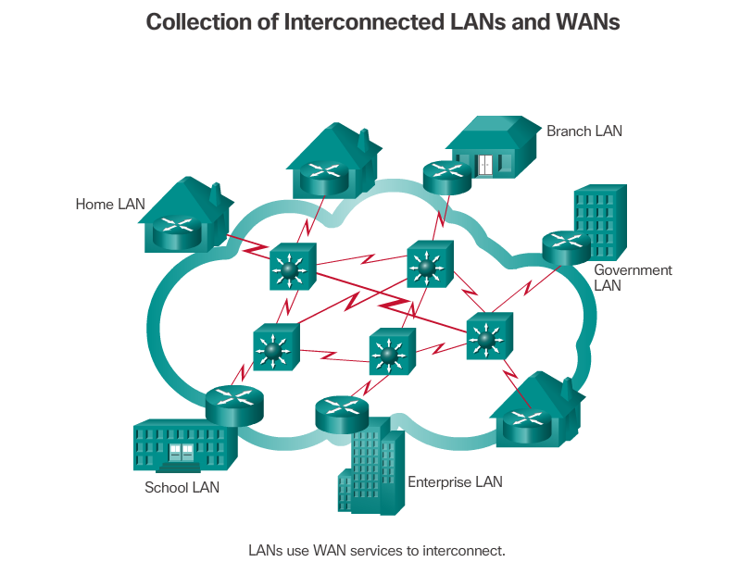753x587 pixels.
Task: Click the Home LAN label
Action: [x=109, y=205]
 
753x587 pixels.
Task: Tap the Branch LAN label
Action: [x=584, y=131]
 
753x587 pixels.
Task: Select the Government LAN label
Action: [x=633, y=278]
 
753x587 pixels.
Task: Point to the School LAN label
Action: [x=182, y=487]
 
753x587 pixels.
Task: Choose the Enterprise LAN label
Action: [x=455, y=481]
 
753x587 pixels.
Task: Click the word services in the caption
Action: [x=375, y=550]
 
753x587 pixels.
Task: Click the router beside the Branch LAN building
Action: [x=446, y=176]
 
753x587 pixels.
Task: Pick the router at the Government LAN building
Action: [x=566, y=246]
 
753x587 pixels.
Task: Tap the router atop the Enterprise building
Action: [x=342, y=412]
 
